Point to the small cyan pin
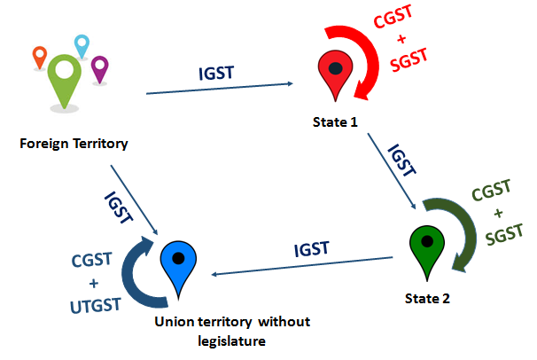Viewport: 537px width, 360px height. (x=82, y=45)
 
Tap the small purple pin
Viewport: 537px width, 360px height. (x=99, y=67)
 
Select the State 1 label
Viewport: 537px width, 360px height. (x=336, y=121)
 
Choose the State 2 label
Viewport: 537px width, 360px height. (x=429, y=299)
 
